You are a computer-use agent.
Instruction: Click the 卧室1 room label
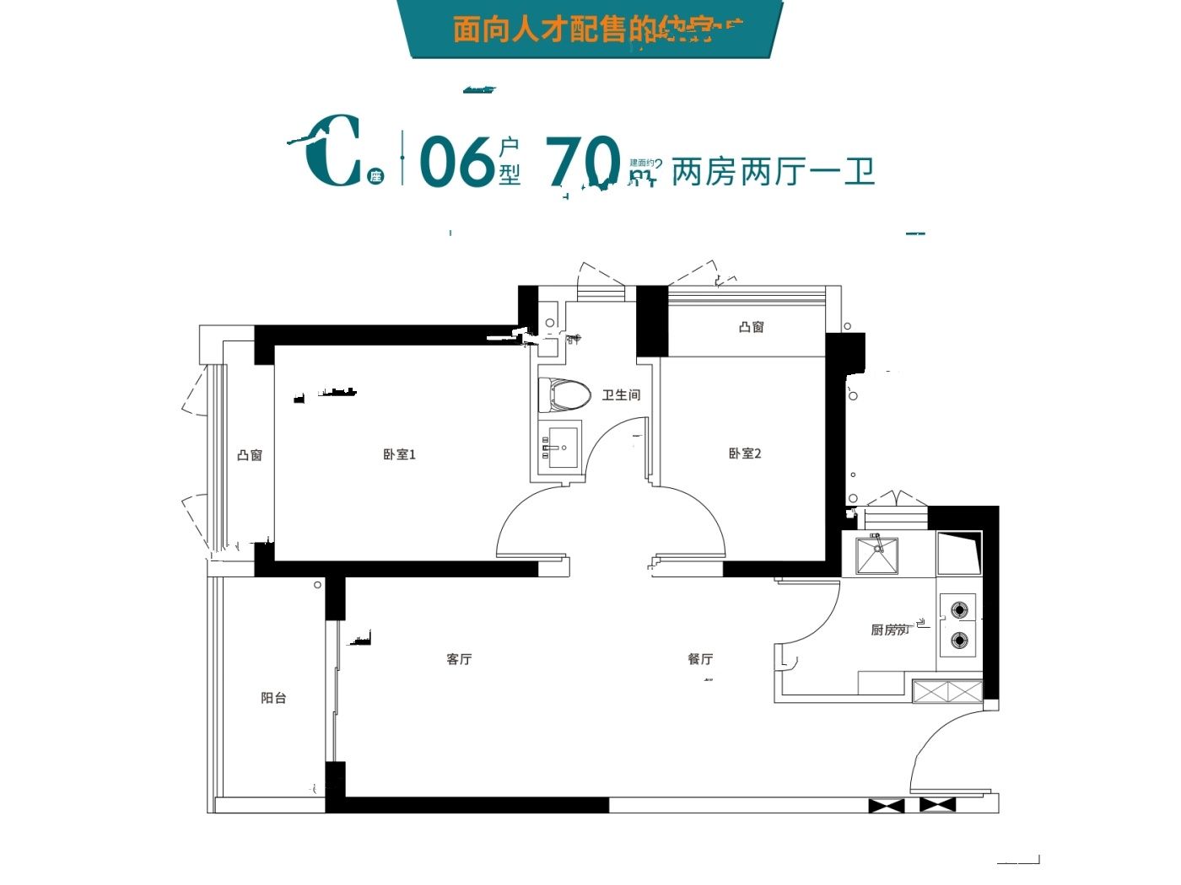coord(399,454)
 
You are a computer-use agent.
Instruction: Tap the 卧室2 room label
coord(745,453)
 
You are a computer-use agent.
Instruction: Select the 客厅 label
coord(459,659)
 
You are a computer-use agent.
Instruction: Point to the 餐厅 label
coord(700,659)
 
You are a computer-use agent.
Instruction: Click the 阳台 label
coord(273,698)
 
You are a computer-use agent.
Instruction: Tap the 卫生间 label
coord(621,394)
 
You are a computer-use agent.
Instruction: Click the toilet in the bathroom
coord(564,394)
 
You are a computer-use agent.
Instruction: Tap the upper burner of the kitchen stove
coord(959,609)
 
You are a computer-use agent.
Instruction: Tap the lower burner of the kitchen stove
coord(959,641)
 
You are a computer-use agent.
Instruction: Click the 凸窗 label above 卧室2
coord(751,327)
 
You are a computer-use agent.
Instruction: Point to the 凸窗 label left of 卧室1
coord(250,455)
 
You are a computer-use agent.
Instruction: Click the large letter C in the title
coord(333,152)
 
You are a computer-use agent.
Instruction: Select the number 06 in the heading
coord(456,161)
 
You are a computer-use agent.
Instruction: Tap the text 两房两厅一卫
coord(773,172)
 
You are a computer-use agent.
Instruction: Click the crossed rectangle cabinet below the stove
coord(947,692)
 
